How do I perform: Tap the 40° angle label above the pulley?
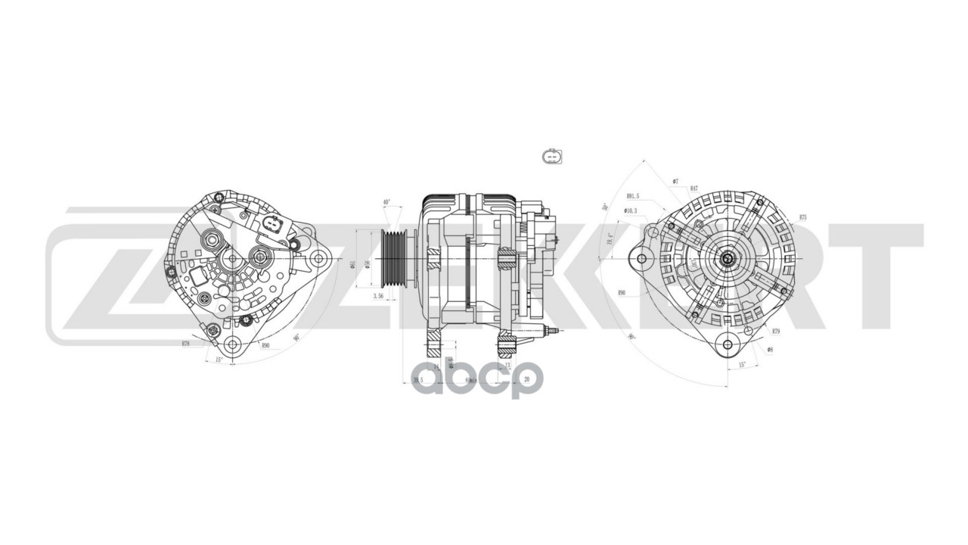(386, 203)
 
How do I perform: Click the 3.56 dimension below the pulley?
(379, 296)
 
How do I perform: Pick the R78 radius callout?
(185, 344)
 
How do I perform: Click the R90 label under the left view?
(265, 345)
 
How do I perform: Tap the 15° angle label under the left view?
(219, 360)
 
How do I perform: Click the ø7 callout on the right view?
(675, 182)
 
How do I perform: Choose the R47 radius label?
(693, 188)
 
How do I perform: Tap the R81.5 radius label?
(632, 195)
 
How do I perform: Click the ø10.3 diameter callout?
(631, 210)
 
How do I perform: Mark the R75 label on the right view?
(802, 217)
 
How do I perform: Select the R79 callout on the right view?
(776, 332)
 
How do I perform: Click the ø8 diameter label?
(769, 350)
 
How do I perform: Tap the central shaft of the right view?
(728, 259)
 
